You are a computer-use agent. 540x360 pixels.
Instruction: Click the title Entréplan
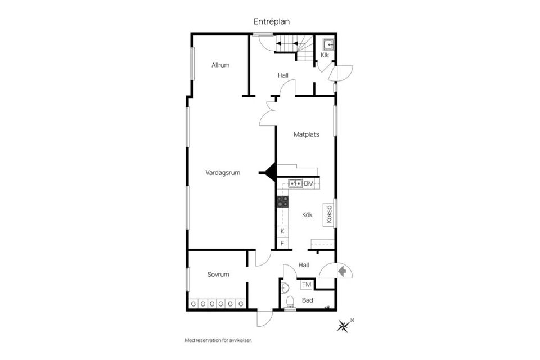(x=271, y=21)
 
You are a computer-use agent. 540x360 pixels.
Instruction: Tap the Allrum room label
(x=220, y=65)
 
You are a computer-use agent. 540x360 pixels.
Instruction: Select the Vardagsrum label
(x=223, y=173)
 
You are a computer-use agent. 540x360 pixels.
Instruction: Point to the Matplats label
(x=306, y=134)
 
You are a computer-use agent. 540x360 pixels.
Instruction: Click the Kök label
(x=307, y=215)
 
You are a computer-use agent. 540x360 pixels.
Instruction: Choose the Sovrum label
(x=218, y=274)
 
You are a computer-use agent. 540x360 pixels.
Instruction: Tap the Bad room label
(x=308, y=300)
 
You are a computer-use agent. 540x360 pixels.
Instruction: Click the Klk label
(x=325, y=55)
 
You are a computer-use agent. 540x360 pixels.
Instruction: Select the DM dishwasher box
(x=309, y=183)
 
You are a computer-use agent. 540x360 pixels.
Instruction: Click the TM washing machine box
(x=306, y=285)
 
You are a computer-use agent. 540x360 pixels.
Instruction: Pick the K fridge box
(x=282, y=231)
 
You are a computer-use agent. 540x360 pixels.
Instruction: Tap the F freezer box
(x=282, y=243)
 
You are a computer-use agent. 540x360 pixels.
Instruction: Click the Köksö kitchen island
(x=328, y=215)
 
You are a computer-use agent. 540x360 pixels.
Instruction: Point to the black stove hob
(x=283, y=201)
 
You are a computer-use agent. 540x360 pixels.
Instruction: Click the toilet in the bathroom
(x=290, y=301)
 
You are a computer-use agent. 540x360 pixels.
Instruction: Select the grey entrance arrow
(x=342, y=271)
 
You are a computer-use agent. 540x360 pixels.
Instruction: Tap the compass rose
(x=343, y=326)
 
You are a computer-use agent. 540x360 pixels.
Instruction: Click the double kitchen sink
(x=295, y=183)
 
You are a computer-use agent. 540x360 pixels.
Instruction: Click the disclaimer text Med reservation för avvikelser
(x=218, y=340)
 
